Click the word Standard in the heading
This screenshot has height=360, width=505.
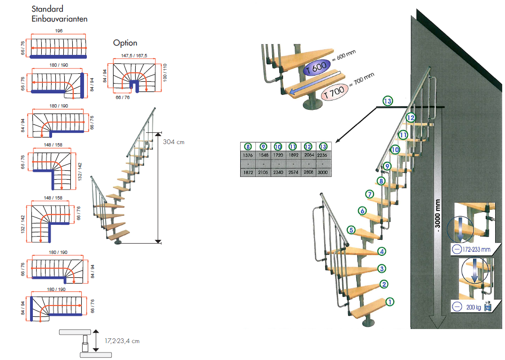(x=48, y=9)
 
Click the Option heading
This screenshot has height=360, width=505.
(x=125, y=43)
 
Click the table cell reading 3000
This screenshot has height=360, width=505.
(x=323, y=173)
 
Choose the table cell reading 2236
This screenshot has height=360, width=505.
(x=323, y=155)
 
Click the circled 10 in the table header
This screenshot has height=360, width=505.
(x=278, y=146)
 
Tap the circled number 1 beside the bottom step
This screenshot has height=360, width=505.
(x=390, y=302)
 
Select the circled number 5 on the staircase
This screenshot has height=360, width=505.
(x=351, y=230)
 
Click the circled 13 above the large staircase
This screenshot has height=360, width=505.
(x=387, y=101)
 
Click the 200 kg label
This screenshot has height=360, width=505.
(x=474, y=307)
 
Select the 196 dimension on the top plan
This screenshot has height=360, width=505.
(x=59, y=31)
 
